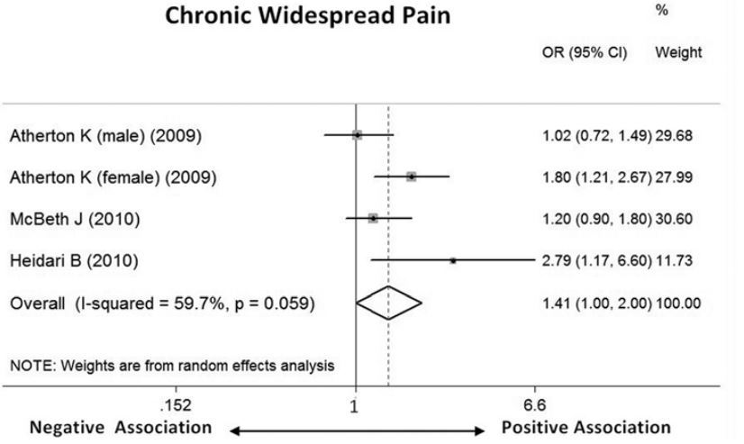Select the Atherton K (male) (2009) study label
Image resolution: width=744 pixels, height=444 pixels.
tap(105, 137)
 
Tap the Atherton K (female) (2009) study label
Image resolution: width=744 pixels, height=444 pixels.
tap(113, 177)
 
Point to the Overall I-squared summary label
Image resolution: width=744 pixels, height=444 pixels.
tap(161, 304)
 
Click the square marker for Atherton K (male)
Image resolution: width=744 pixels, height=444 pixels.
tap(358, 135)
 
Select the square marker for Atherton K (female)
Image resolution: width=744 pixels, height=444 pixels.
tap(412, 177)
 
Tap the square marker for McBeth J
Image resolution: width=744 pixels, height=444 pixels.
tap(373, 218)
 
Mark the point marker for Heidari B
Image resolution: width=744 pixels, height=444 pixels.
tap(453, 260)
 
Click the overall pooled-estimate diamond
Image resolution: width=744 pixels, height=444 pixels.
tap(389, 303)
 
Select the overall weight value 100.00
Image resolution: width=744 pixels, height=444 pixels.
tap(680, 304)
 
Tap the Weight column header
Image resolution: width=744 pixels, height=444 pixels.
tap(678, 53)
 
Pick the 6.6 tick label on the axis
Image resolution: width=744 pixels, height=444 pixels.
tap(534, 404)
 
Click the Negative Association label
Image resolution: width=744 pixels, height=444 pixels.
tap(121, 427)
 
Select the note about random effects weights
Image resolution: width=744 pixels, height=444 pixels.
tap(171, 366)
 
